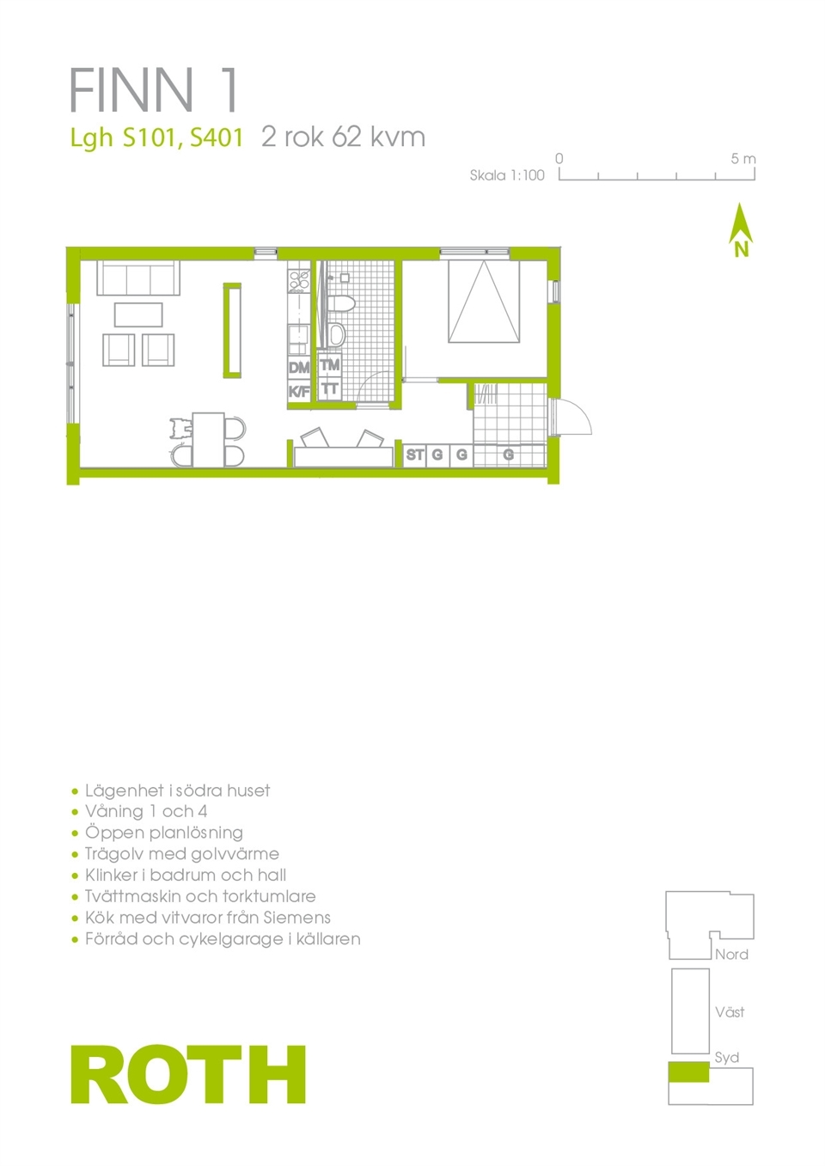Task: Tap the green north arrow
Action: tap(741, 229)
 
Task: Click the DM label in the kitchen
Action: tap(299, 368)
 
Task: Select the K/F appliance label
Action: tap(299, 392)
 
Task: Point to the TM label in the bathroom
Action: tap(330, 365)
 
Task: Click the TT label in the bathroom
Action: tap(330, 388)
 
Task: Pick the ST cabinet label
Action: tap(415, 455)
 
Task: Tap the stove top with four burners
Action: tap(299, 280)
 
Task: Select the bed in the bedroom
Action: tap(484, 302)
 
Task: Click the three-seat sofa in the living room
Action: tap(138, 278)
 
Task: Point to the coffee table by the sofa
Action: tap(138, 315)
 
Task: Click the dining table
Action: tap(209, 439)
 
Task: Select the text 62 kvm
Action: tap(379, 137)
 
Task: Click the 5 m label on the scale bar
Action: tap(742, 159)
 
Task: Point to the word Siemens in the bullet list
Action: tap(296, 917)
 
